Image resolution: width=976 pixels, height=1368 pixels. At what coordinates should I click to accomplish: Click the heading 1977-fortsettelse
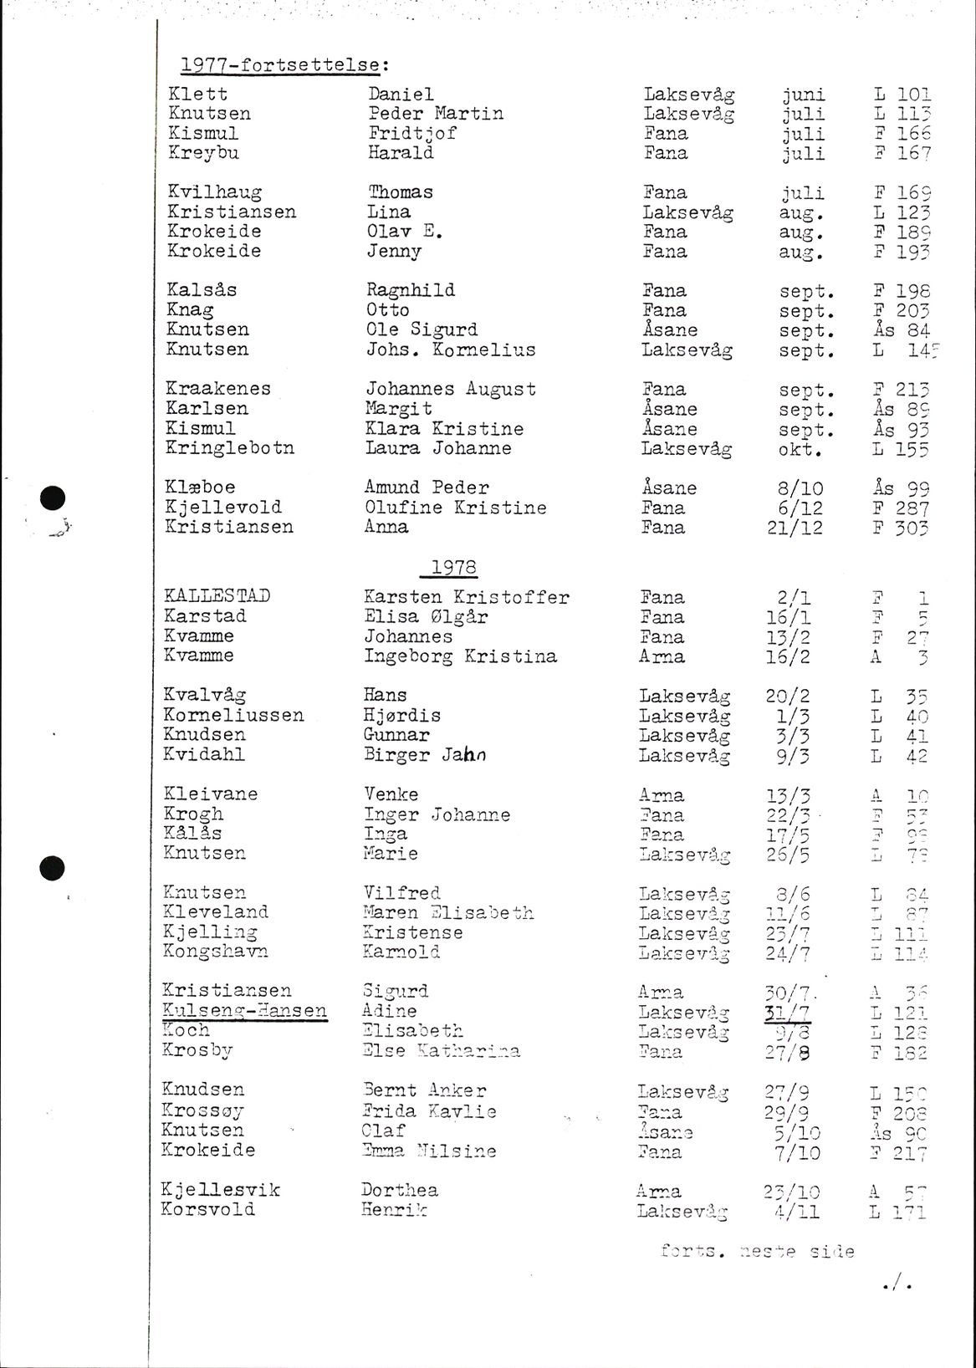pyautogui.click(x=278, y=64)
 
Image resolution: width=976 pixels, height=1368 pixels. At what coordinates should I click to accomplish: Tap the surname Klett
pyautogui.click(x=197, y=94)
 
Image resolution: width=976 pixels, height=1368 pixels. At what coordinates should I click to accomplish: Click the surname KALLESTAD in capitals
pyautogui.click(x=217, y=596)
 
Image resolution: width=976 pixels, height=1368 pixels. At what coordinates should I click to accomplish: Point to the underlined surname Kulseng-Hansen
pyautogui.click(x=244, y=1010)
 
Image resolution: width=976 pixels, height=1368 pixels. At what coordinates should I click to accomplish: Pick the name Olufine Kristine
pyautogui.click(x=455, y=507)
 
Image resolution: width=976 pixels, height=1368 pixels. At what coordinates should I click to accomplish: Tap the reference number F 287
pyautogui.click(x=900, y=508)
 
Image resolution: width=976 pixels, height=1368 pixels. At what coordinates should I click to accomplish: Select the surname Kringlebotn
pyautogui.click(x=230, y=447)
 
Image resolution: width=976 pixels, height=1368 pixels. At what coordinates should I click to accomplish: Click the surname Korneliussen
pyautogui.click(x=233, y=715)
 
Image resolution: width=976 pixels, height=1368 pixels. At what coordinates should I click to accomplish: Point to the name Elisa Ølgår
pyautogui.click(x=426, y=616)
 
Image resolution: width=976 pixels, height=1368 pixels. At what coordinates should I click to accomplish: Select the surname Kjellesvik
pyautogui.click(x=221, y=1189)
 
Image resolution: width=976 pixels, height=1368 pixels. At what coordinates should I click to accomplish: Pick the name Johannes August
pyautogui.click(x=451, y=389)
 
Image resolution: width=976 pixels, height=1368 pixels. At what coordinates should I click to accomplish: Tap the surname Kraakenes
pyautogui.click(x=218, y=389)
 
